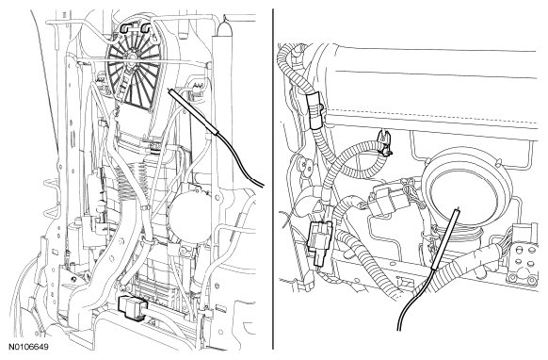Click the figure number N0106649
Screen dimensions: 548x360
[x=28, y=347]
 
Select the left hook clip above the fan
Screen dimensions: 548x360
[x=126, y=28]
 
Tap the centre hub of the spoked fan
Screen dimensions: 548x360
[x=132, y=56]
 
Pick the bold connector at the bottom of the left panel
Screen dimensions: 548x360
[x=132, y=307]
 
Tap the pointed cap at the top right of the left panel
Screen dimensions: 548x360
[x=224, y=28]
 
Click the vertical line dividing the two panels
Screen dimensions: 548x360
[x=273, y=179]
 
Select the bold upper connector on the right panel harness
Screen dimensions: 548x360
[x=315, y=112]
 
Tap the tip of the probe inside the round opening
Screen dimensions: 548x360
[x=456, y=210]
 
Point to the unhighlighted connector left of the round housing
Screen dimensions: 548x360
[x=388, y=200]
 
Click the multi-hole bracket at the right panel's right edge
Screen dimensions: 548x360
[x=524, y=259]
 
